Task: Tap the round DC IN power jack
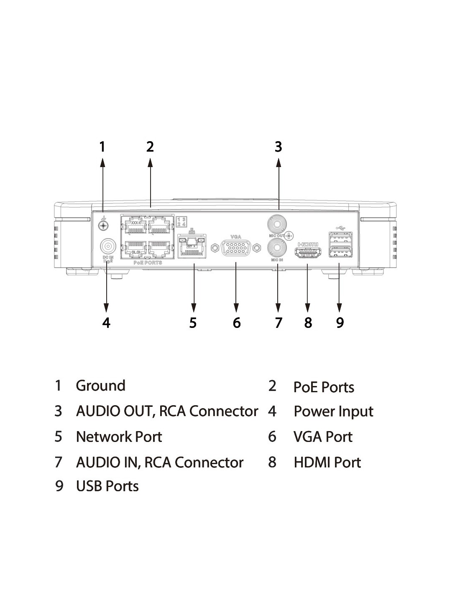pyautogui.click(x=107, y=245)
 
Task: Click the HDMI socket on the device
pyautogui.click(x=308, y=252)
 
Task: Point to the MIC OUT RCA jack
pyautogui.click(x=276, y=224)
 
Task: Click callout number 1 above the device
pyautogui.click(x=102, y=147)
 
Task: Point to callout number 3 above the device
pyautogui.click(x=279, y=147)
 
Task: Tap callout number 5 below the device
pyautogui.click(x=193, y=322)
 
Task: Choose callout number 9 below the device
pyautogui.click(x=340, y=322)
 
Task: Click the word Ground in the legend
pyautogui.click(x=100, y=386)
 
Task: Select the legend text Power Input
pyautogui.click(x=333, y=411)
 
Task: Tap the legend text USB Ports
pyautogui.click(x=107, y=486)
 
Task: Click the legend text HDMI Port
pyautogui.click(x=327, y=462)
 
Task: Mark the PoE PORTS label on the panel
pyautogui.click(x=148, y=263)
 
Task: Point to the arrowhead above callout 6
pyautogui.click(x=236, y=308)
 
